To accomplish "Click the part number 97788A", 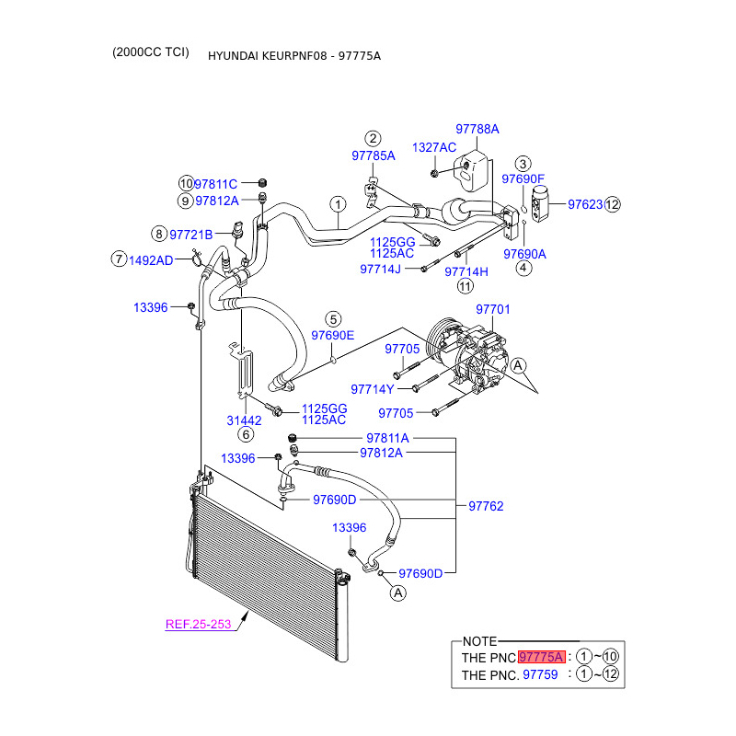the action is tap(477, 129).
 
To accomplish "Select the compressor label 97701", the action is tap(492, 309).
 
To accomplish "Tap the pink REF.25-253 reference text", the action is tap(198, 625).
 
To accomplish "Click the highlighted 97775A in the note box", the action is tap(542, 657).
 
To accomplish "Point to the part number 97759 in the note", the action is tap(540, 674).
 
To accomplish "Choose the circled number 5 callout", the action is tap(333, 319).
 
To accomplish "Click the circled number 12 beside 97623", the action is tap(612, 204).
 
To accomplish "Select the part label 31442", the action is tap(244, 420).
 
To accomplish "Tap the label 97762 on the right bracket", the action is tap(486, 506).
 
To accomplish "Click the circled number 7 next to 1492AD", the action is tap(120, 259).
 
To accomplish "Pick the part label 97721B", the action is tap(191, 235).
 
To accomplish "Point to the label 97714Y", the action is tap(373, 389).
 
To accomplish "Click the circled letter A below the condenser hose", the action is tap(398, 593).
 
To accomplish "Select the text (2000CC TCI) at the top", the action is tap(151, 52).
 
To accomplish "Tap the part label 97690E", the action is tap(333, 335).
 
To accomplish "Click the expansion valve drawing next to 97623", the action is tap(540, 203).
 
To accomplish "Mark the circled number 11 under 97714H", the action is tap(466, 286).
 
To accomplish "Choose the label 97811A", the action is tap(387, 438).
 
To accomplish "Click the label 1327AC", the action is tap(433, 147).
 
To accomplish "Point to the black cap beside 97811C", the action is tap(263, 182).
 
